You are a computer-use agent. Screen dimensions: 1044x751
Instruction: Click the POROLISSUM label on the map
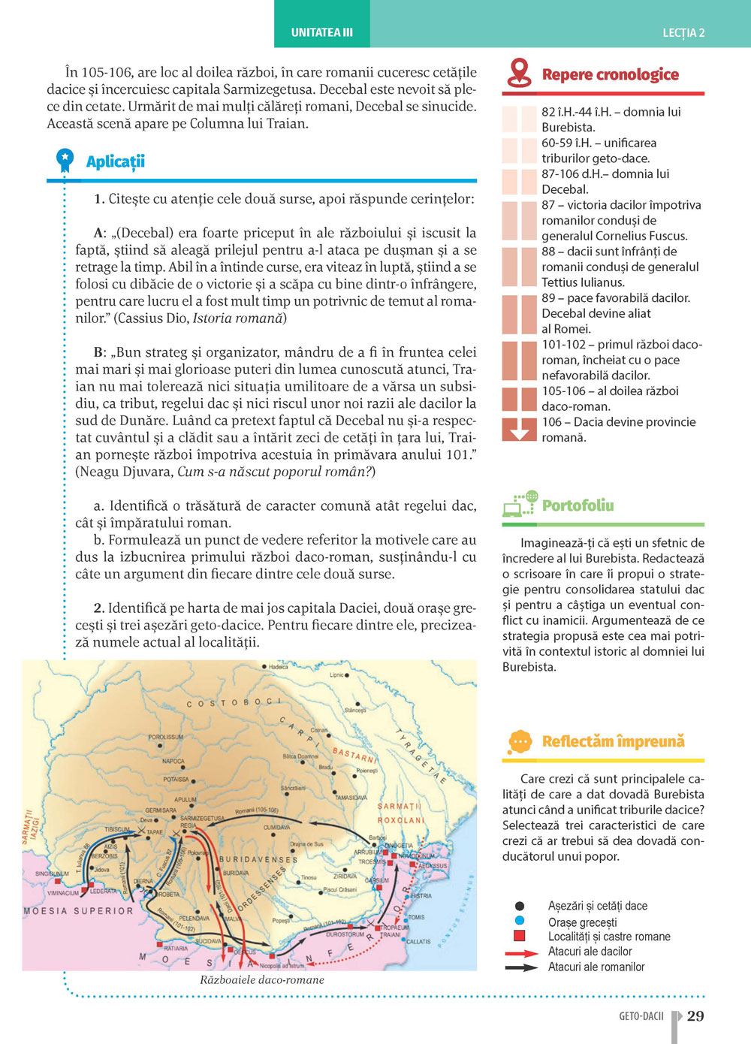tap(166, 737)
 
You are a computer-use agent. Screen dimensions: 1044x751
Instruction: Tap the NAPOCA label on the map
tap(173, 761)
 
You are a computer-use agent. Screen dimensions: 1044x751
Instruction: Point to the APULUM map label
tap(185, 800)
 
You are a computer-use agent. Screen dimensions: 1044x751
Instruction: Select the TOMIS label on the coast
tap(416, 917)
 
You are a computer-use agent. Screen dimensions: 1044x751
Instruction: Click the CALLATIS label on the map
tap(418, 941)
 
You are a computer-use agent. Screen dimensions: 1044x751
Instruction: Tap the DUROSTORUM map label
tap(345, 934)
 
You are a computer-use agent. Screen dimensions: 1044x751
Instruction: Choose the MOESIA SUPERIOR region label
tap(78, 911)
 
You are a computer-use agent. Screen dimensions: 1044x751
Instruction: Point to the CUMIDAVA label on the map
tap(277, 827)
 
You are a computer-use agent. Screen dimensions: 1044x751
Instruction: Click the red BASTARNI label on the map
tap(353, 753)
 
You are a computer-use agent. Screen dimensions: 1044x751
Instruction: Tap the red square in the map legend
tap(519, 936)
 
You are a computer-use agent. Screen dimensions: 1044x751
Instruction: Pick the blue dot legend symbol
tap(519, 921)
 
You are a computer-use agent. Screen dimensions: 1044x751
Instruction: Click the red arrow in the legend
tap(521, 952)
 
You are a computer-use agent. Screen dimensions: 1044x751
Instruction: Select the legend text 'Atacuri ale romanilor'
tap(596, 967)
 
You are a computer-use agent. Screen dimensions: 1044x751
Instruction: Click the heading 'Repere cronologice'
tap(610, 74)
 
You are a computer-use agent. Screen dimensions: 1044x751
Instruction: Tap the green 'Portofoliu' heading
tap(578, 505)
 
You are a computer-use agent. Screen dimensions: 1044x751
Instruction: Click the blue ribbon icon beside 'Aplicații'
tap(65, 160)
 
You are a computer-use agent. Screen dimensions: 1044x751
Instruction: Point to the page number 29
tap(695, 1016)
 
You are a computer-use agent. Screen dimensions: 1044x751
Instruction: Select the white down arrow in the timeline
tap(518, 431)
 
